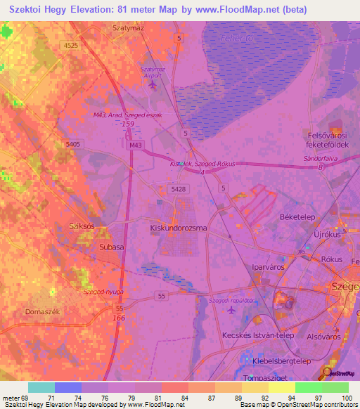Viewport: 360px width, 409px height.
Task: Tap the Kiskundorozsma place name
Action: tap(178, 228)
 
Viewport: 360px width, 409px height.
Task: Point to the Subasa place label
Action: tap(111, 247)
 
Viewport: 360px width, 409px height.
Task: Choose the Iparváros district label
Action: tap(269, 268)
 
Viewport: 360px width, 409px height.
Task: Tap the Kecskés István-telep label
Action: tap(259, 335)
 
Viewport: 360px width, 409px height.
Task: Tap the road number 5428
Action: tap(178, 189)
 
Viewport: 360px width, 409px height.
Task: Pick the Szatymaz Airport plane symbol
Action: tap(153, 84)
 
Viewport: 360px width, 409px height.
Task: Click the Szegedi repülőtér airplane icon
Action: tap(232, 309)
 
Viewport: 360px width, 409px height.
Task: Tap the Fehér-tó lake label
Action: tap(232, 38)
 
